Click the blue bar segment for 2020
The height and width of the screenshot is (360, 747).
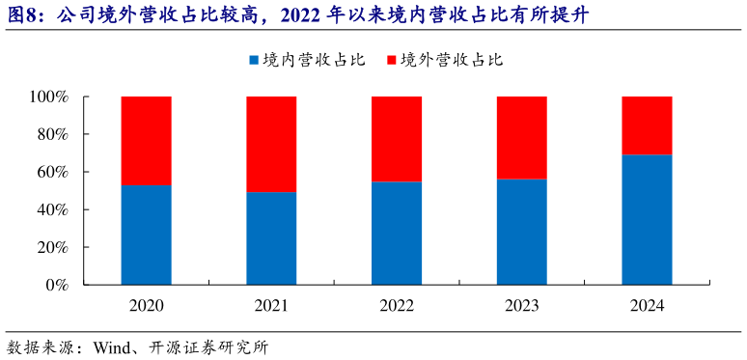pyautogui.click(x=147, y=235)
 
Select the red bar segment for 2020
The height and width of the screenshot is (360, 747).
pyautogui.click(x=147, y=141)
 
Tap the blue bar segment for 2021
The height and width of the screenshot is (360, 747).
pyautogui.click(x=271, y=238)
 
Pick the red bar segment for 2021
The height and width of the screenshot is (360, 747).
pyautogui.click(x=271, y=145)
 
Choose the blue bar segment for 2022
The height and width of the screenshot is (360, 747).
pyautogui.click(x=397, y=233)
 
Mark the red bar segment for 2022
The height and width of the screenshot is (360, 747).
pyautogui.click(x=397, y=139)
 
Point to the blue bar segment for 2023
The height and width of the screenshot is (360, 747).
pyautogui.click(x=521, y=232)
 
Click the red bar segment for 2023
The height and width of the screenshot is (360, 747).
pyautogui.click(x=521, y=138)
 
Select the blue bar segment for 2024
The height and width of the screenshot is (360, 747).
pyautogui.click(x=647, y=219)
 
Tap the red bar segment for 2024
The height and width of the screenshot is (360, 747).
pyautogui.click(x=647, y=125)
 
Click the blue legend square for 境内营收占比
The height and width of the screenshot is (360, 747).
pyautogui.click(x=254, y=60)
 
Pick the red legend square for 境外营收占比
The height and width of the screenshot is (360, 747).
pyautogui.click(x=391, y=60)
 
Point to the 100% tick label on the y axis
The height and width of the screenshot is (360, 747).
pyautogui.click(x=48, y=97)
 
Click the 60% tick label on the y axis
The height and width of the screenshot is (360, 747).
pyautogui.click(x=52, y=173)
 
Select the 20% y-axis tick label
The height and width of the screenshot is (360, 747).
pyautogui.click(x=52, y=248)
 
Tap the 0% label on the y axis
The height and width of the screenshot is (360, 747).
pyautogui.click(x=56, y=286)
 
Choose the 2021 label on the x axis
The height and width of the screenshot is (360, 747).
pyautogui.click(x=271, y=306)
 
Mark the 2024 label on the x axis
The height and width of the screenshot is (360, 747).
pyautogui.click(x=647, y=306)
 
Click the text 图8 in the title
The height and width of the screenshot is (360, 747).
pyautogui.click(x=25, y=15)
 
